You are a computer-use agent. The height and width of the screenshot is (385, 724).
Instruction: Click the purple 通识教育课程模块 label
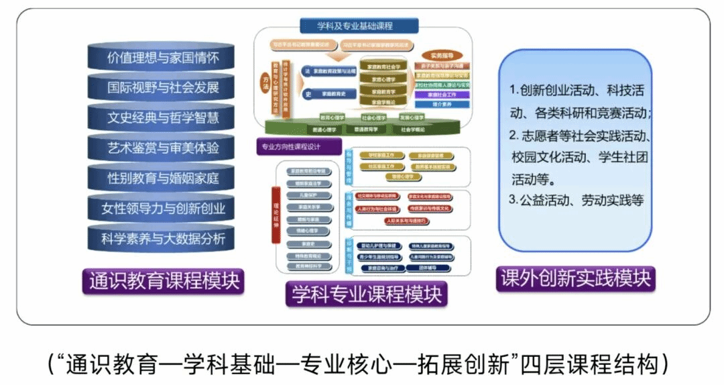click(x=164, y=280)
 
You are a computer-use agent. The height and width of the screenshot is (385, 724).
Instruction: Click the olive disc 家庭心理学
click(x=383, y=78)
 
